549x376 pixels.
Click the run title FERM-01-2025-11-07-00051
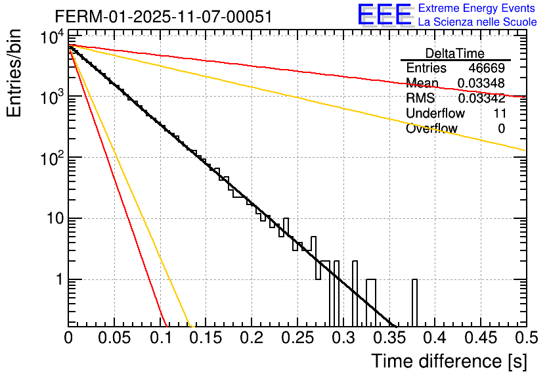point(163,17)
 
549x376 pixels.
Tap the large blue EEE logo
point(384,15)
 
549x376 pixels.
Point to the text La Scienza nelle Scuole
point(477,22)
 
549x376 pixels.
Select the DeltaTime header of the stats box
point(455,53)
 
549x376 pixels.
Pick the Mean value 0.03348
point(481,83)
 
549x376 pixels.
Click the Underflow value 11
point(499,113)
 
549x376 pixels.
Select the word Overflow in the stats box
point(431,128)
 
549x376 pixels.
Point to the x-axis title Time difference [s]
point(448,361)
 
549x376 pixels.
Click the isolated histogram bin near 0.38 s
point(414,302)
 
